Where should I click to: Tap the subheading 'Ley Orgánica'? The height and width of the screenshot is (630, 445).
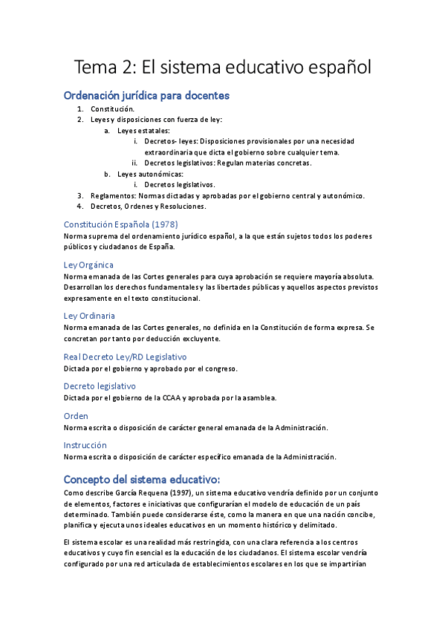point(88,264)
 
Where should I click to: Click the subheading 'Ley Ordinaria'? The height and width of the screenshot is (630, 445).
point(89,315)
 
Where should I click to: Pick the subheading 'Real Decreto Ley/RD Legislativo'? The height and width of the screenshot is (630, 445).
point(125,357)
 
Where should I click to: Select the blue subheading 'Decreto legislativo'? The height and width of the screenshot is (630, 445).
point(100,386)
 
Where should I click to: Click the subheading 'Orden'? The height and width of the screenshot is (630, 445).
point(76,415)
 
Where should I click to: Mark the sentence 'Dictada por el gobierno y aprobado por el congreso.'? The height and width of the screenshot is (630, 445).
point(151,368)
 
